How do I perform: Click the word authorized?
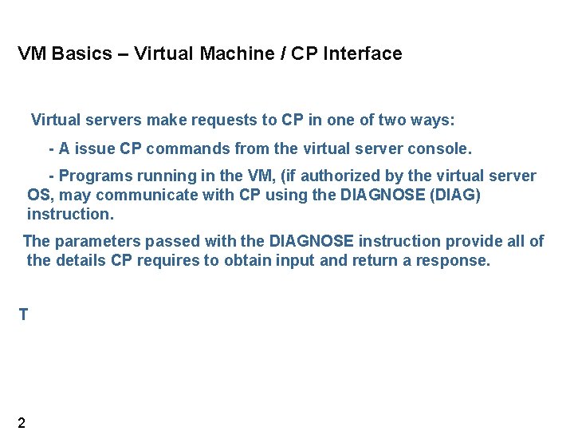pos(348,176)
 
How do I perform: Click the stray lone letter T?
pos(23,315)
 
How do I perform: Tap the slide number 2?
pos(22,423)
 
